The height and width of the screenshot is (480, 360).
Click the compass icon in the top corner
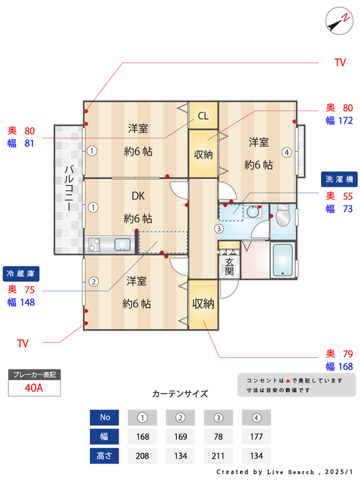tap(336, 20)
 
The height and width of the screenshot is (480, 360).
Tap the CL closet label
tap(203, 116)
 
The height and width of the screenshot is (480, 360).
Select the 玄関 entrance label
tap(230, 266)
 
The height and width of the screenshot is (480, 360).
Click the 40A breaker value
tap(34, 387)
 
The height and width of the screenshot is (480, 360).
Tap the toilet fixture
tap(283, 218)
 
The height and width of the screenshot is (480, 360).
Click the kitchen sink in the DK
tap(123, 244)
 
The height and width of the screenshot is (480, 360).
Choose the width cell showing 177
tap(256, 436)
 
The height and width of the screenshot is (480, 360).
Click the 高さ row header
tap(104, 455)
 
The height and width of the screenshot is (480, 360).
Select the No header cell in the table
tap(104, 417)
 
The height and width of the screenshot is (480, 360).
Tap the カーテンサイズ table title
tap(180, 394)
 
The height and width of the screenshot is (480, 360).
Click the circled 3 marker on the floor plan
tap(218, 228)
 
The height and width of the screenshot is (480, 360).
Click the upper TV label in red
tap(339, 63)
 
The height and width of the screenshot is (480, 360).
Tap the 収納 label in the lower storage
tap(203, 303)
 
